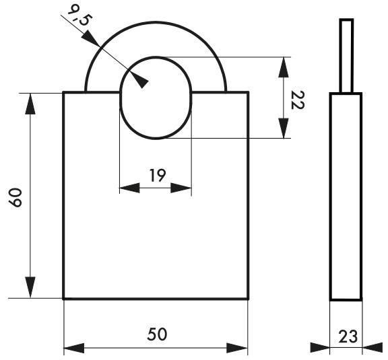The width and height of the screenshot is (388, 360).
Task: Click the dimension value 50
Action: pos(156,334)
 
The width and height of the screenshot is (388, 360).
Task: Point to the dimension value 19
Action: pos(156,176)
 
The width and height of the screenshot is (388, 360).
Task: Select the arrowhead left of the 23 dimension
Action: pos(319,348)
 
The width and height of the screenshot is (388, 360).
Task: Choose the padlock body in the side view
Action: pos(346,196)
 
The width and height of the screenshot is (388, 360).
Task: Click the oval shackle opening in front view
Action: pos(156,101)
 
